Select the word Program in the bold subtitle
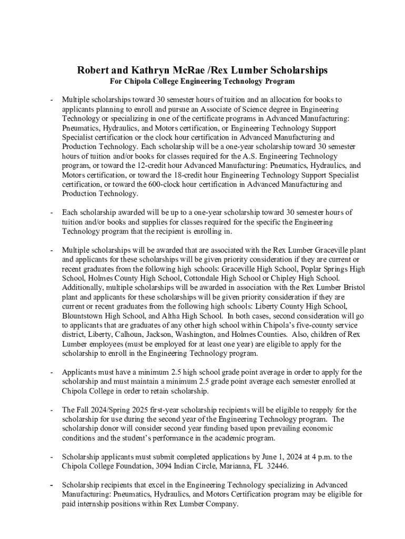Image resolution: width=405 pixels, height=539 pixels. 279,82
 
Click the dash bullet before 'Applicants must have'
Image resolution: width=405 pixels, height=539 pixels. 52,373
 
